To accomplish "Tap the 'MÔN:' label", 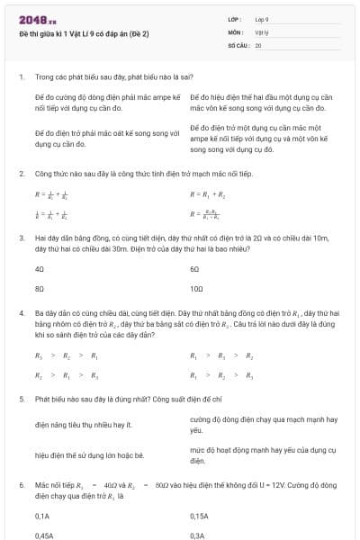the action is pyautogui.click(x=237, y=31).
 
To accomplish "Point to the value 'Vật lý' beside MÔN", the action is pyautogui.click(x=262, y=31).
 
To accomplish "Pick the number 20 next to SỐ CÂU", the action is pyautogui.click(x=258, y=43).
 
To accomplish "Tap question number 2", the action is pyautogui.click(x=22, y=171).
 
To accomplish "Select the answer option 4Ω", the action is pyautogui.click(x=39, y=269).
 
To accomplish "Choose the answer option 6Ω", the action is pyautogui.click(x=194, y=269).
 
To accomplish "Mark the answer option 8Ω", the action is pyautogui.click(x=39, y=290).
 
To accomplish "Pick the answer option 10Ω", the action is pyautogui.click(x=196, y=290).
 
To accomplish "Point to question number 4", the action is pyautogui.click(x=22, y=312).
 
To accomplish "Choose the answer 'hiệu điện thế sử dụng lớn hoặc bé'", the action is pyautogui.click(x=89, y=455).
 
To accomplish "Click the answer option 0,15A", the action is pyautogui.click(x=199, y=516).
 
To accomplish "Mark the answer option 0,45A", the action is pyautogui.click(x=42, y=535).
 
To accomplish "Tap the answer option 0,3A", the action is pyautogui.click(x=197, y=535).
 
